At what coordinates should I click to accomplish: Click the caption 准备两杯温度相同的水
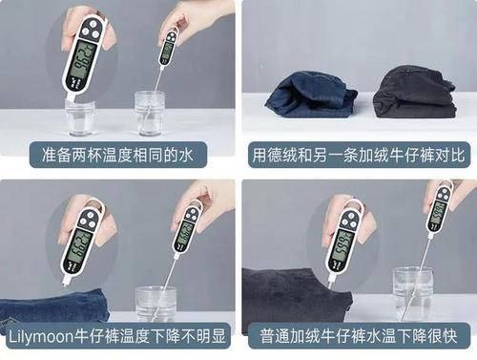point(116,155)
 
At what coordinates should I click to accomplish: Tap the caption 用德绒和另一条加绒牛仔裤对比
point(360,155)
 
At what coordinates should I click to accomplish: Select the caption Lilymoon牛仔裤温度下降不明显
point(116,337)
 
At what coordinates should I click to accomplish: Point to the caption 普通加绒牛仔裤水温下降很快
point(360,337)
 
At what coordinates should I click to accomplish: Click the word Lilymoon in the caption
point(41,337)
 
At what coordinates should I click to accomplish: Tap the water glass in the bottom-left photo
point(156,302)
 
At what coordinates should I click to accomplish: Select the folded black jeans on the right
point(412,93)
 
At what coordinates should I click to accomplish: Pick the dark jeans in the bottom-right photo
point(296,296)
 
